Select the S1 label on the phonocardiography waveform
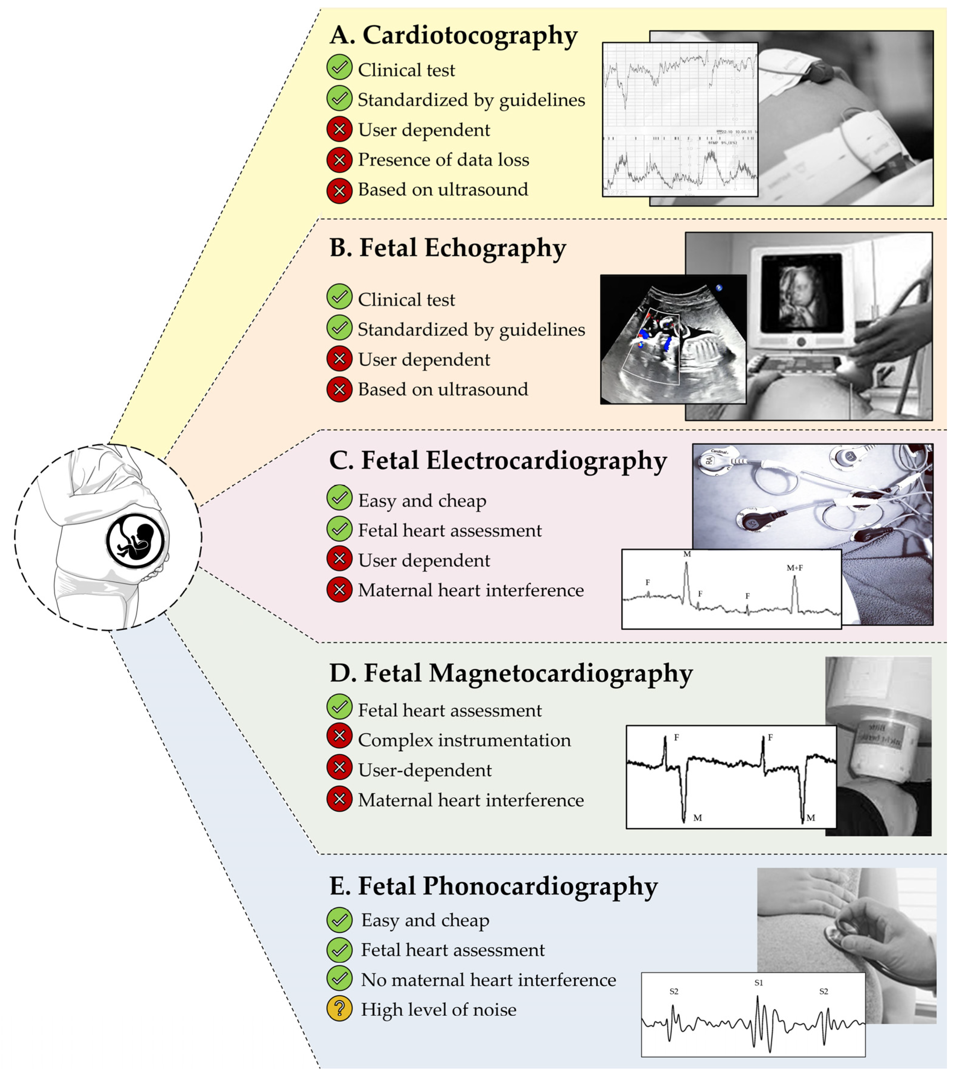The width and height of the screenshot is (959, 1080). [759, 983]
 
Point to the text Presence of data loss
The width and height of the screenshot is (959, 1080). [443, 159]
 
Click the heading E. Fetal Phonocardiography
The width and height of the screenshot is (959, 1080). [493, 886]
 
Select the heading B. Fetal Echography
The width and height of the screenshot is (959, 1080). [447, 248]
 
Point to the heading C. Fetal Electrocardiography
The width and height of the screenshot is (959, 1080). [498, 460]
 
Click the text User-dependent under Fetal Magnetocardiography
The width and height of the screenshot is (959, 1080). [425, 770]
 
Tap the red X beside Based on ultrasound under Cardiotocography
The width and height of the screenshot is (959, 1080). [339, 190]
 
